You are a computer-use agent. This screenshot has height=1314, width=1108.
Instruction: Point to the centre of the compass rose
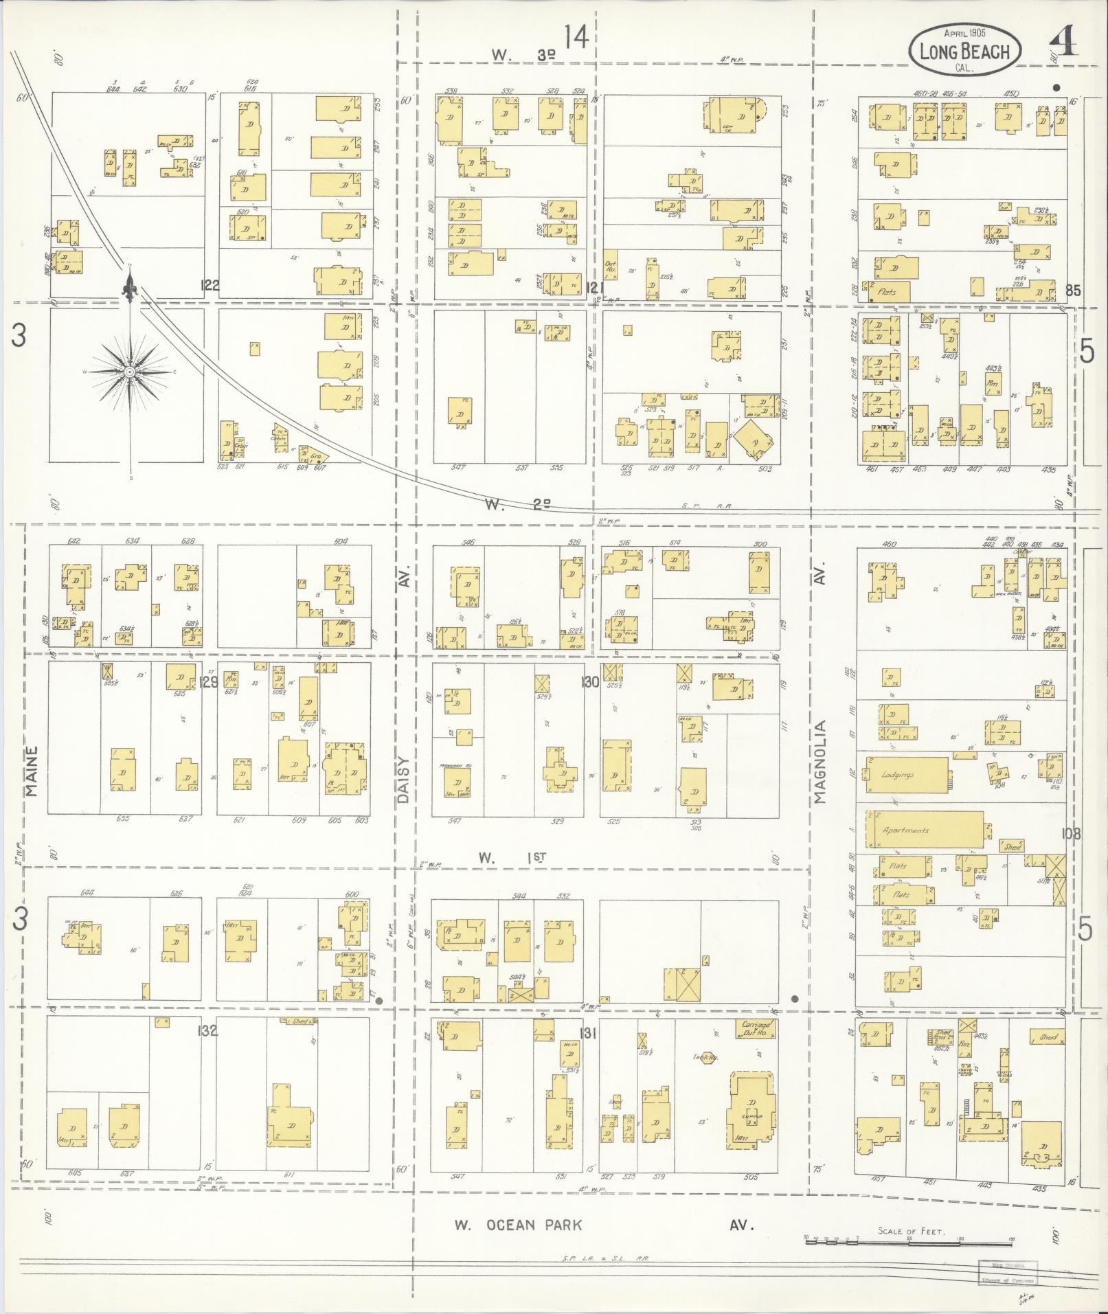tap(129, 372)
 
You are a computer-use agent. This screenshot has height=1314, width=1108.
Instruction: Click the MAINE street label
tap(33, 771)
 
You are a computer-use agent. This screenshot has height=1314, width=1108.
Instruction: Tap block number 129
tap(210, 682)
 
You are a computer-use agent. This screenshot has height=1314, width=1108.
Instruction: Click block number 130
tap(589, 682)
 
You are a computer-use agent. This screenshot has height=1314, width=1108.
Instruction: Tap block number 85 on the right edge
tap(1072, 291)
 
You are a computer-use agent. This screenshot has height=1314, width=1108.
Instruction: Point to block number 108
tap(1070, 834)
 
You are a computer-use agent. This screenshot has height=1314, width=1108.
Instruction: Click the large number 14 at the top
tap(576, 37)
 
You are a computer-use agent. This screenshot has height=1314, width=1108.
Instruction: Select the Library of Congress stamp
tap(1007, 1271)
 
